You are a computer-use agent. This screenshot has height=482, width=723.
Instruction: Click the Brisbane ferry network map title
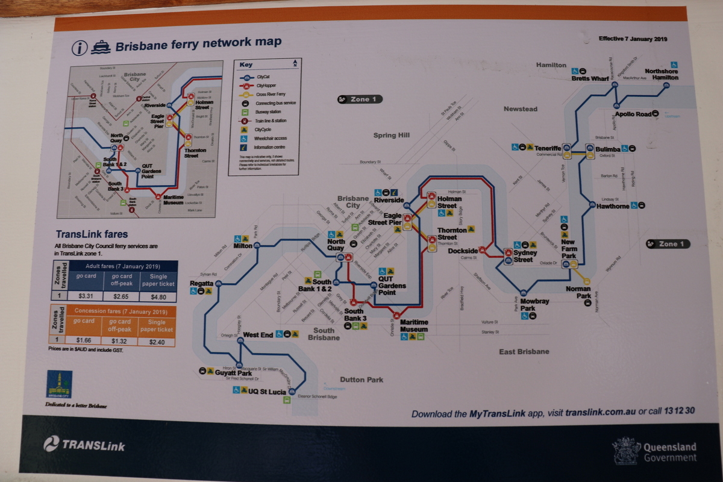coord(198,45)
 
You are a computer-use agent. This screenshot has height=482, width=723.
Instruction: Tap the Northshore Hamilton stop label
coord(661,74)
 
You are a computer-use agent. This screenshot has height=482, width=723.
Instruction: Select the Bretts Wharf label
coord(590,78)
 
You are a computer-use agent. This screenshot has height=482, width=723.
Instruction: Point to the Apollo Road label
coord(633,114)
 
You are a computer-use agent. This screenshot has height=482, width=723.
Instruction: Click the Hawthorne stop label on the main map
coord(613,206)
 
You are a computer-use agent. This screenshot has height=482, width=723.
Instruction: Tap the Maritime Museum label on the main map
coord(413,326)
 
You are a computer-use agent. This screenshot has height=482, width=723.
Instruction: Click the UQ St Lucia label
coord(268,391)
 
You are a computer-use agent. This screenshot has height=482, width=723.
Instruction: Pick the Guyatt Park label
coord(233,374)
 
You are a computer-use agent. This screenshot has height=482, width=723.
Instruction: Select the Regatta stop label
coord(201,283)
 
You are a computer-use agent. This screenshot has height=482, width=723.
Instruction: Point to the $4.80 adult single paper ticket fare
coord(157,296)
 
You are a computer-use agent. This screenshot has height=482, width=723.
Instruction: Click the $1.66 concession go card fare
coord(84,341)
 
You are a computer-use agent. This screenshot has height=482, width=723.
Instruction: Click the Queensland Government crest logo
coord(627,451)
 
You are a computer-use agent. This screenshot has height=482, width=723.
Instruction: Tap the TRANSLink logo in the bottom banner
coord(84,445)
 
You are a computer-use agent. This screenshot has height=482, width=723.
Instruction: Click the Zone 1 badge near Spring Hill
coord(360,99)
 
